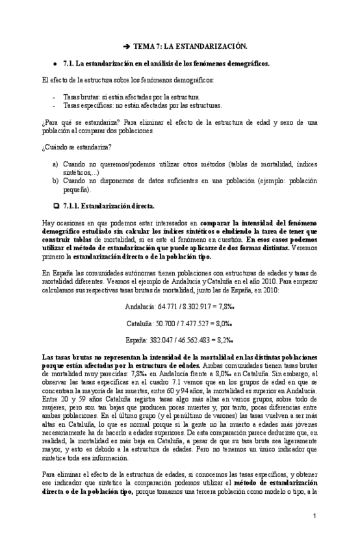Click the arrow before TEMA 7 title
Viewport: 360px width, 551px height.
[x=127, y=47]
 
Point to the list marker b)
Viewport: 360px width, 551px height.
[x=55, y=181]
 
